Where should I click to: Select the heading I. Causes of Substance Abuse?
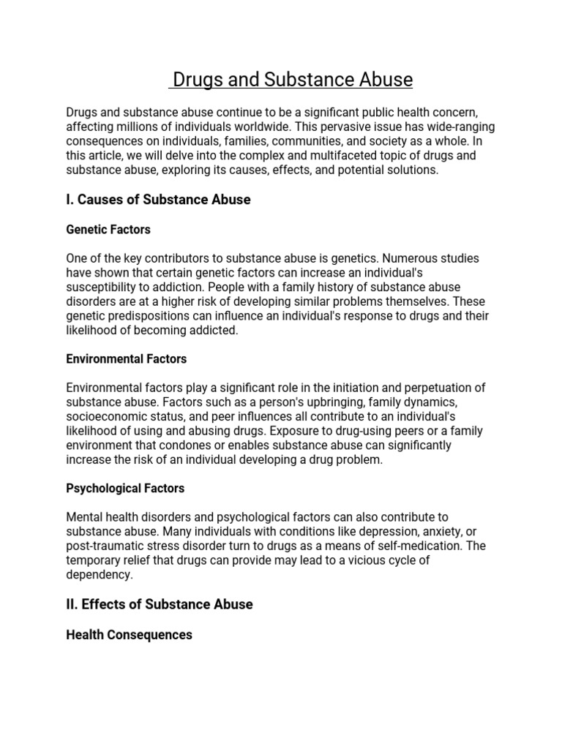(x=158, y=200)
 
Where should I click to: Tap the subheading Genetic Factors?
(x=108, y=230)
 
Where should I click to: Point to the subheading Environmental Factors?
(x=127, y=359)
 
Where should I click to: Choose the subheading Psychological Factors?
(x=125, y=488)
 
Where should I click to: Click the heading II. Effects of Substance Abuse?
(x=160, y=604)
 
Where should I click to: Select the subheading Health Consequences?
(x=129, y=635)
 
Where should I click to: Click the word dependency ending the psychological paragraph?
(x=100, y=575)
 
